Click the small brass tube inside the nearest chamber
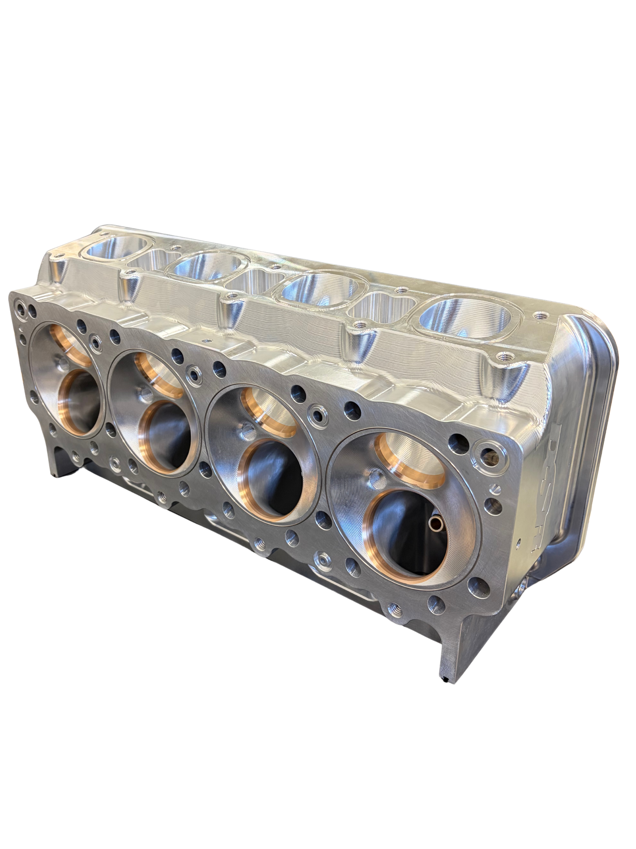tap(435, 522)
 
